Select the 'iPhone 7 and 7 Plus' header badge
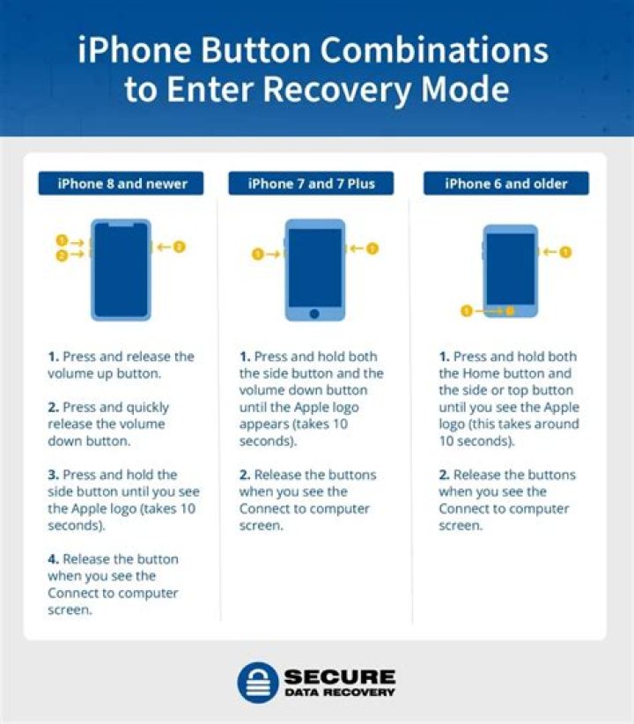(312, 184)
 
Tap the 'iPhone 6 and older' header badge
(506, 184)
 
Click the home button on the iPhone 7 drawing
(314, 313)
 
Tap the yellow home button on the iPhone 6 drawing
(510, 310)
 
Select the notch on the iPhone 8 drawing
(122, 225)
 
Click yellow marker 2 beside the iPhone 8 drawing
(62, 255)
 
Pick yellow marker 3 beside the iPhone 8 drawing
(180, 247)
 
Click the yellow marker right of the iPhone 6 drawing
(565, 252)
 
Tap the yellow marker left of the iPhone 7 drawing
(258, 255)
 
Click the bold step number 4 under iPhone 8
(53, 559)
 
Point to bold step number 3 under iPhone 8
(53, 475)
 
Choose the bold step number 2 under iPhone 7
(245, 475)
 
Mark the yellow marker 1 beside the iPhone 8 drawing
(62, 240)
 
